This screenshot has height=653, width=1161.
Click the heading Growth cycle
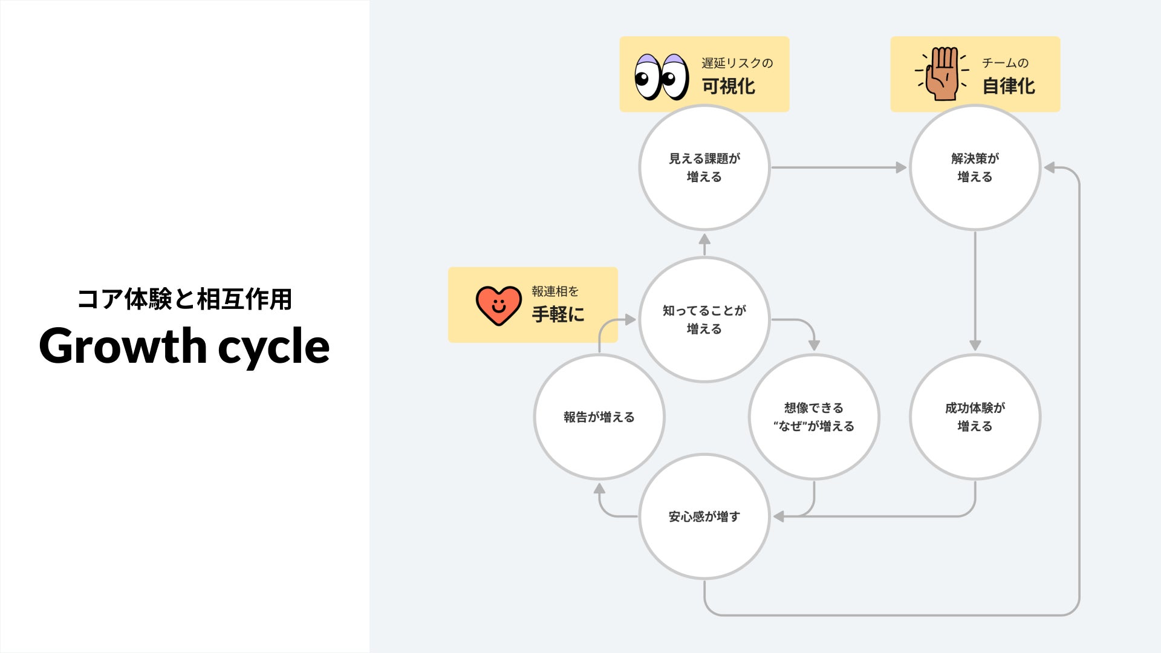click(x=184, y=346)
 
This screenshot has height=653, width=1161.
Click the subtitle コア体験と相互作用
click(x=184, y=299)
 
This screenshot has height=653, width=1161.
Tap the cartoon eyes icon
click(x=662, y=77)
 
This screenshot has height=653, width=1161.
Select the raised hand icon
click(x=943, y=74)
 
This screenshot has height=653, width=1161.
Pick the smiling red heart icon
click(x=498, y=305)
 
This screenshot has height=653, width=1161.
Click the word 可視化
click(x=729, y=86)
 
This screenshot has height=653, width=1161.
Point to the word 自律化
click(x=1009, y=86)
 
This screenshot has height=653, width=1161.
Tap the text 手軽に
click(x=558, y=314)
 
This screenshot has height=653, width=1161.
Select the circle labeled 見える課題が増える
click(x=704, y=167)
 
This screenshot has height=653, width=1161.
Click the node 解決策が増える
click(x=975, y=167)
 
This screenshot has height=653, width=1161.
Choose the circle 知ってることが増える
click(x=704, y=319)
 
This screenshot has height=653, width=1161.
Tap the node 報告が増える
click(x=599, y=417)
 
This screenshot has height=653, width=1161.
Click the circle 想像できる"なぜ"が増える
click(x=813, y=417)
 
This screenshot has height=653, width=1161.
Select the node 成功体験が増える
click(x=975, y=417)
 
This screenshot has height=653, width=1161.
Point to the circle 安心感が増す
click(x=704, y=516)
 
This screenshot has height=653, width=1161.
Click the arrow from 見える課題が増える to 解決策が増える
click(x=838, y=167)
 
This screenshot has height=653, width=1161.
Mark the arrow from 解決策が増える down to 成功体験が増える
click(x=975, y=290)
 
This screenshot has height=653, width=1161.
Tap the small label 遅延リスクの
click(x=737, y=63)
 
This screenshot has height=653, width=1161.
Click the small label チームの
click(x=1005, y=63)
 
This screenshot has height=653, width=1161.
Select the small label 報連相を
click(x=555, y=291)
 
